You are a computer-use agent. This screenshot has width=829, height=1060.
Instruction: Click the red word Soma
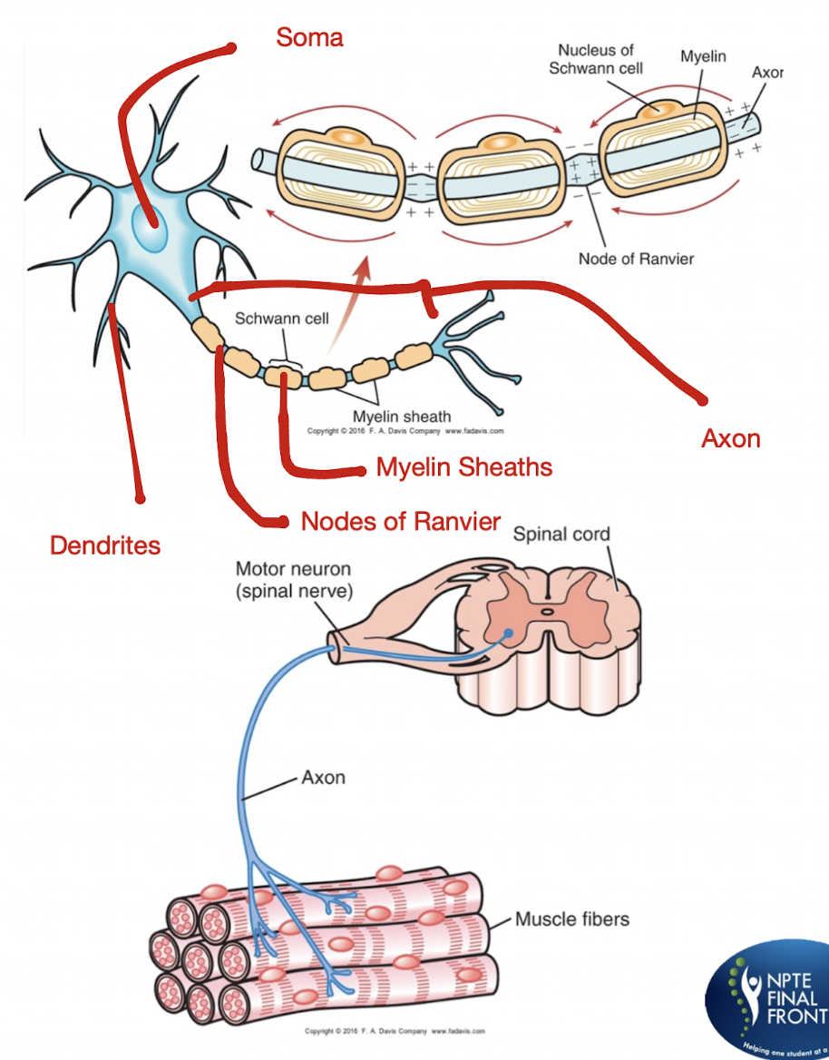click(x=309, y=38)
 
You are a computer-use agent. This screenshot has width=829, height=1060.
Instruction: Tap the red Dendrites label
click(x=105, y=545)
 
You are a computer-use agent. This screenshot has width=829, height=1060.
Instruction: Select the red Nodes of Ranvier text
click(x=401, y=521)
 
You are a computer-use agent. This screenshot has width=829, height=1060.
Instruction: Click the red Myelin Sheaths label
click(x=464, y=467)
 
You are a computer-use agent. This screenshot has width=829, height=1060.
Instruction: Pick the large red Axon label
click(x=730, y=439)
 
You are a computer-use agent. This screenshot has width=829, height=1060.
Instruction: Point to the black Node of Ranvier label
click(x=636, y=259)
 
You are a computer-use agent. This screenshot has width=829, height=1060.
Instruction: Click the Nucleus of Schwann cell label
click(x=596, y=59)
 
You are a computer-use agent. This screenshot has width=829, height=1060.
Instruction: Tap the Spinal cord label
click(x=561, y=534)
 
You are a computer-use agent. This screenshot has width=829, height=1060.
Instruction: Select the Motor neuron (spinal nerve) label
click(x=293, y=579)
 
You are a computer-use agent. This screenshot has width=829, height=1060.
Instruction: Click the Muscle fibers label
click(x=571, y=919)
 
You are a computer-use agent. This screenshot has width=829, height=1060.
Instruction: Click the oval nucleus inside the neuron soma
click(x=147, y=227)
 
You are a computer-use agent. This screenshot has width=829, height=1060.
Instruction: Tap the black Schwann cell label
click(x=281, y=319)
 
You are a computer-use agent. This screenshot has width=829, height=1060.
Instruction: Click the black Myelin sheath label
click(x=401, y=417)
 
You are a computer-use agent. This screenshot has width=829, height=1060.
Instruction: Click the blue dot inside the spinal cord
click(x=509, y=633)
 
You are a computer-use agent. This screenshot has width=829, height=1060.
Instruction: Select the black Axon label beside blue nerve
click(x=323, y=778)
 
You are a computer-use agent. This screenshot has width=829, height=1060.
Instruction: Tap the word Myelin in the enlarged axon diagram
click(x=703, y=56)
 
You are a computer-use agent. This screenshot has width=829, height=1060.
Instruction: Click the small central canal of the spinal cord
click(x=546, y=612)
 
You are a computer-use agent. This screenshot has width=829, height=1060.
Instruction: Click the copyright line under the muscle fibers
click(x=394, y=1031)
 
